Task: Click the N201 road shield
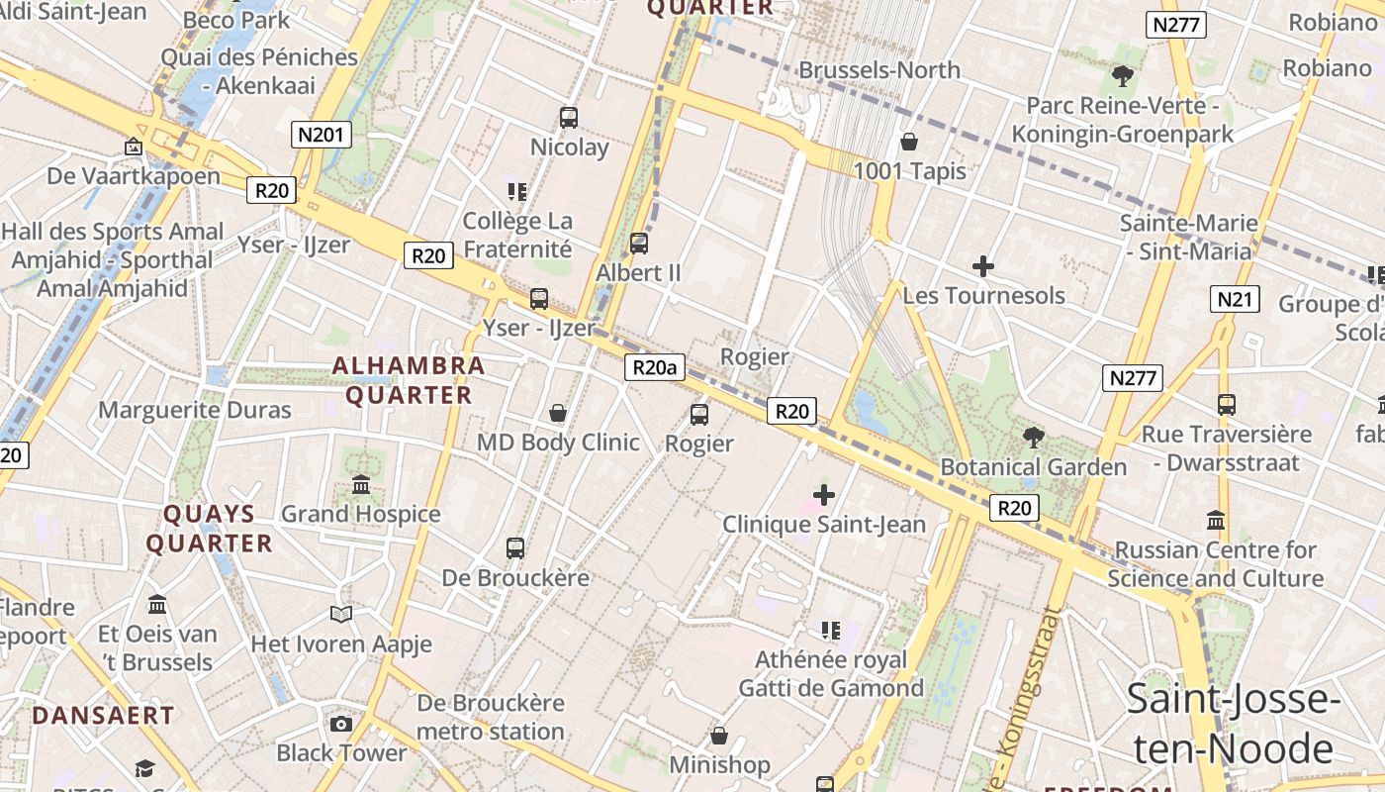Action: coord(321,135)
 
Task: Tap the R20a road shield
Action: coord(655,368)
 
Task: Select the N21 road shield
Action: coord(1235,299)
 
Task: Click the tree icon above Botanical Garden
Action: coord(1033,437)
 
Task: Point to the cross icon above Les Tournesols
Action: coord(982,265)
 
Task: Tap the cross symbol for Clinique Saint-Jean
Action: coord(823,494)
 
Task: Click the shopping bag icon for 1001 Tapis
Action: coord(908,142)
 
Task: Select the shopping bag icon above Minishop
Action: coord(719,736)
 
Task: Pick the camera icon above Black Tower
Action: coord(341,724)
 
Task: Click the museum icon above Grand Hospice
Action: coord(361,485)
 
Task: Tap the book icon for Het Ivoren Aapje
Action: coord(341,615)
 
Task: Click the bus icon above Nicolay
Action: coord(569,118)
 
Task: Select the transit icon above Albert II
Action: coord(639,243)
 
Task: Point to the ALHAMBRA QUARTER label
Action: coord(408,380)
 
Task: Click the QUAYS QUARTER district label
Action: coord(209,529)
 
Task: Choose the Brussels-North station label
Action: coord(879,70)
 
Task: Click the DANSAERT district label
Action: coord(103,715)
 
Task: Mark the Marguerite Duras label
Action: coord(195,410)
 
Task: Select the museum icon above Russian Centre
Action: coord(1216,520)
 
